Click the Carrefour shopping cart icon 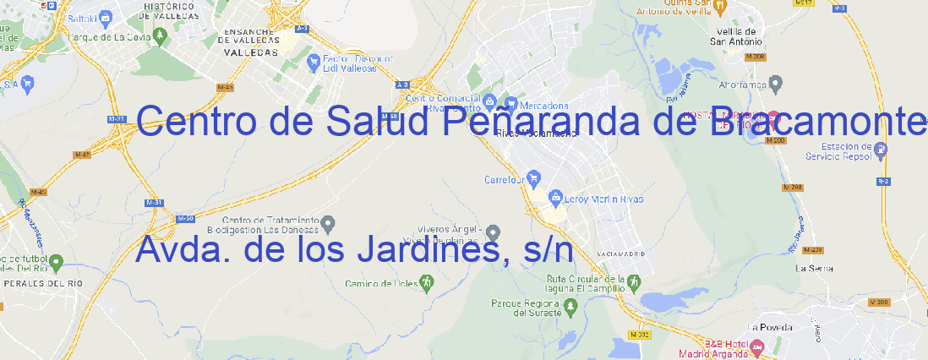(535, 179)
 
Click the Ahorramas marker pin (777, 83)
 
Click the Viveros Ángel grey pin (494, 232)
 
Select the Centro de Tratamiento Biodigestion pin (329, 223)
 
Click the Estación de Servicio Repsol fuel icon (881, 150)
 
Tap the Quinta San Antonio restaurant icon (720, 7)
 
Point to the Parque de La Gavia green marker (57, 37)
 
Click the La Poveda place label (770, 327)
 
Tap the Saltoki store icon (106, 16)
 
